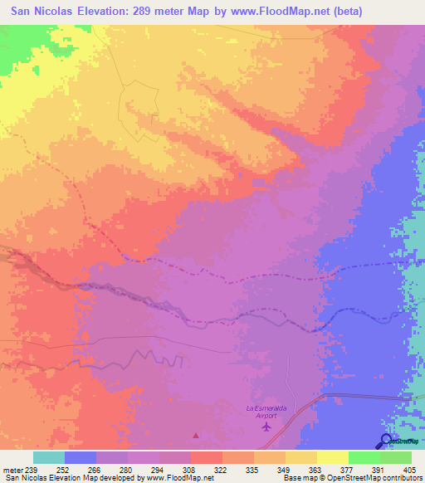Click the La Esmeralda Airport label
tap(265, 412)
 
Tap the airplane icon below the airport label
tap(266, 427)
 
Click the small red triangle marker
tap(196, 434)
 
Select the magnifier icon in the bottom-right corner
tap(386, 441)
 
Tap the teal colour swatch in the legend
tap(49, 457)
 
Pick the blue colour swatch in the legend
tap(81, 457)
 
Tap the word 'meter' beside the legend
tap(11, 471)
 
